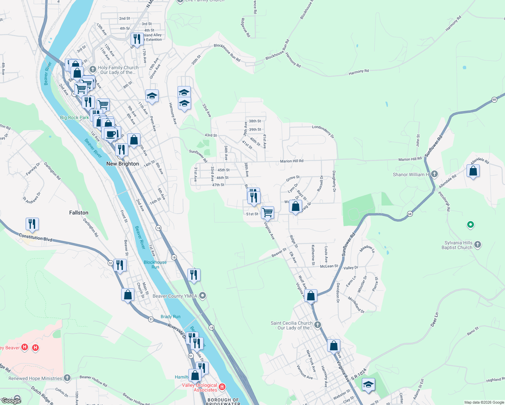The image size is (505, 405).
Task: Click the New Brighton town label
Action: pyautogui.click(x=123, y=164)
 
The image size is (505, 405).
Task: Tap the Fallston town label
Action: pyautogui.click(x=79, y=213)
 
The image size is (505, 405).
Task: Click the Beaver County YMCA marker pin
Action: pyautogui.click(x=203, y=296)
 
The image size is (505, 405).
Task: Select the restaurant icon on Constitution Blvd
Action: pyautogui.click(x=32, y=224)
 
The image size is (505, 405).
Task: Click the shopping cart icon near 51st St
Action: pyautogui.click(x=267, y=212)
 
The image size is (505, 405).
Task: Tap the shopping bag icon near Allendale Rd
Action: pyautogui.click(x=473, y=171)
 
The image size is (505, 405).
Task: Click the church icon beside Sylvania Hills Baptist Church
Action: pyautogui.click(x=477, y=245)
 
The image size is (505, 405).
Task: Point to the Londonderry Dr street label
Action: pyautogui.click(x=323, y=131)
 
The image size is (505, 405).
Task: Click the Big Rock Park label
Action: pyautogui.click(x=74, y=117)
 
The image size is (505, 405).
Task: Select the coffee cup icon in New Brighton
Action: pyautogui.click(x=110, y=134)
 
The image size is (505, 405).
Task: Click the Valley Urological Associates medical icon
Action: pyautogui.click(x=222, y=387)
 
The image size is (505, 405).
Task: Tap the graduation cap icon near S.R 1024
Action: pyautogui.click(x=368, y=384)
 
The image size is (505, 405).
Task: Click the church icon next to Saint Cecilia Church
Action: pyautogui.click(x=317, y=325)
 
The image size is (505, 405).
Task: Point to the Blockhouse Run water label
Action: pyautogui.click(x=155, y=265)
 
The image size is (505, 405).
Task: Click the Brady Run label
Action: pyautogui.click(x=170, y=317)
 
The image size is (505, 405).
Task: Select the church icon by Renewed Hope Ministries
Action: pyautogui.click(x=67, y=378)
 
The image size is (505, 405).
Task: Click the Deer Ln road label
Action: pyautogui.click(x=434, y=320)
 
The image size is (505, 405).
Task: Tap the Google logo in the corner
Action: pyautogui.click(x=11, y=401)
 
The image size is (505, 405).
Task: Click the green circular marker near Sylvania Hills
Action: pyautogui.click(x=470, y=224)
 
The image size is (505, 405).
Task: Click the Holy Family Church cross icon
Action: pyautogui.click(x=93, y=69)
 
